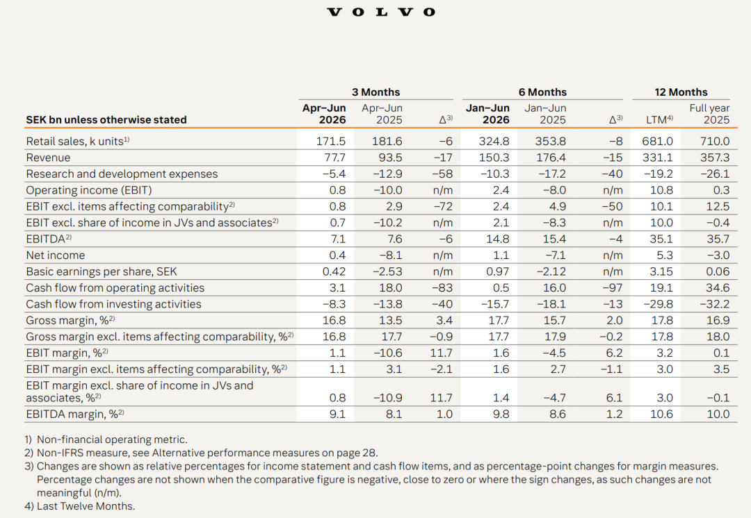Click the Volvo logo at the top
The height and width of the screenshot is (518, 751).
pyautogui.click(x=381, y=12)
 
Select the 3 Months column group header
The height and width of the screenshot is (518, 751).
pyautogui.click(x=375, y=92)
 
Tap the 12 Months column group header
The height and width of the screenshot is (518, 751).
pyautogui.click(x=681, y=92)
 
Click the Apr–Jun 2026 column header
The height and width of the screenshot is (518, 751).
pyautogui.click(x=324, y=114)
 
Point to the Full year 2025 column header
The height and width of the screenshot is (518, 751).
pyautogui.click(x=709, y=114)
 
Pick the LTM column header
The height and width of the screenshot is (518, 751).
pyautogui.click(x=659, y=119)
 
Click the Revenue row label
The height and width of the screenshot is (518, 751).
pyautogui.click(x=48, y=158)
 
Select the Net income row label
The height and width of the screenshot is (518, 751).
pyautogui.click(x=55, y=256)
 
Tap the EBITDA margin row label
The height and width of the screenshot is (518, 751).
pyautogui.click(x=74, y=415)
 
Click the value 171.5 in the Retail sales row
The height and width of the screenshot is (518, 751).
pyautogui.click(x=330, y=142)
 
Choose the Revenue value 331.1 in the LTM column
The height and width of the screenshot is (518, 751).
pyautogui.click(x=658, y=158)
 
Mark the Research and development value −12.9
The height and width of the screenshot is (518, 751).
pyautogui.click(x=387, y=174)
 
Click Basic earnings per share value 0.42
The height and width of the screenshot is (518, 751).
pyautogui.click(x=334, y=271)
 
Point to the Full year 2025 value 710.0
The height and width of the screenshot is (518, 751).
pyautogui.click(x=715, y=142)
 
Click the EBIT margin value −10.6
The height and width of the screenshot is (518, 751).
pyautogui.click(x=387, y=353)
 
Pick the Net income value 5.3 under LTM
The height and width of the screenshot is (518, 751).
pyautogui.click(x=665, y=256)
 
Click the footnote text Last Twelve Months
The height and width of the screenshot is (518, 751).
pyautogui.click(x=86, y=506)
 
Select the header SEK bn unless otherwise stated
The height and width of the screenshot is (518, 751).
pyautogui.click(x=106, y=119)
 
